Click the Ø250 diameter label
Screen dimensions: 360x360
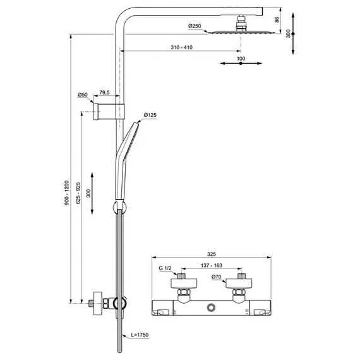(x=195, y=26)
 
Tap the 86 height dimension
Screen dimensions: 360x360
(x=277, y=20)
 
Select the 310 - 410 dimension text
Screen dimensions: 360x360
(x=181, y=47)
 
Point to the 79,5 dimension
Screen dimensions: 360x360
(x=104, y=92)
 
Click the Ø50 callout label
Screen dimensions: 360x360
(x=83, y=95)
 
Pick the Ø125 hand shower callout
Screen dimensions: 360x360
(x=150, y=115)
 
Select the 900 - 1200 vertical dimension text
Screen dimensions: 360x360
(x=66, y=193)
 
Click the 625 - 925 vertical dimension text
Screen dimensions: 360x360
(x=78, y=193)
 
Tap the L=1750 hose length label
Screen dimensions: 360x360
(x=140, y=335)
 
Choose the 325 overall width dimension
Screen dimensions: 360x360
(x=212, y=254)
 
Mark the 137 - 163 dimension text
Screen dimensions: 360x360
(x=212, y=265)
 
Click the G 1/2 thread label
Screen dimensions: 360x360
(x=165, y=268)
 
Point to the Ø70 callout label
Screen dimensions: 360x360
(x=216, y=277)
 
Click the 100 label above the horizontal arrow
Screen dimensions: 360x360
(x=241, y=59)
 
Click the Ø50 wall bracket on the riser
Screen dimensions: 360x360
(x=109, y=112)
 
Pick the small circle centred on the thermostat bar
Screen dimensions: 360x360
(x=211, y=308)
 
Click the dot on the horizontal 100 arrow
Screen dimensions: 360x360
(x=241, y=63)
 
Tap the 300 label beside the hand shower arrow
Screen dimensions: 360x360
(x=88, y=193)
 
